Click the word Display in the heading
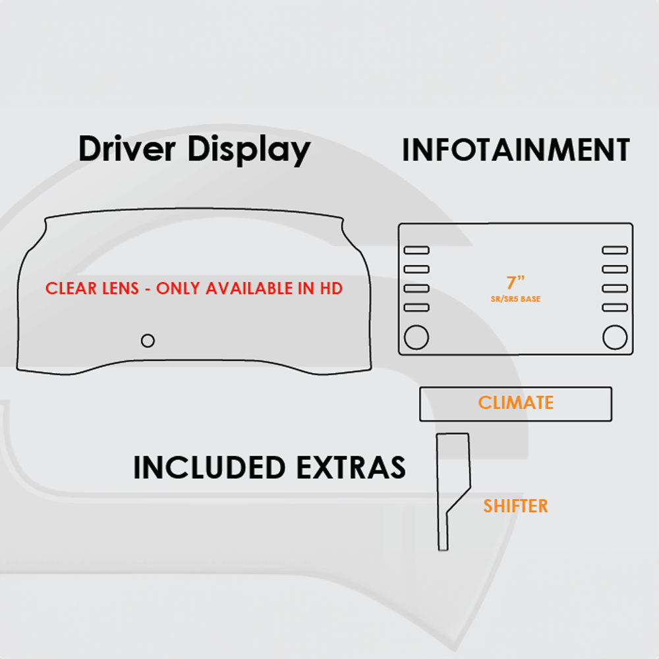(248, 150)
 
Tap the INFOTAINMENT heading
(515, 150)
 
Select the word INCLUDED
(209, 467)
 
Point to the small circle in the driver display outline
(148, 341)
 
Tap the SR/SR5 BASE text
(515, 299)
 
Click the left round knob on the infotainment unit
(416, 337)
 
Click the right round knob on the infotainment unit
(615, 337)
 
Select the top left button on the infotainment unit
(416, 250)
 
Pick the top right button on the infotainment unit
(615, 250)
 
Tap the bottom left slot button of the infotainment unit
(416, 307)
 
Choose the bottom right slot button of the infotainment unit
(615, 307)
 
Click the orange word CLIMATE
(515, 403)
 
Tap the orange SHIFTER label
(515, 506)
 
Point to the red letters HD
(331, 289)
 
